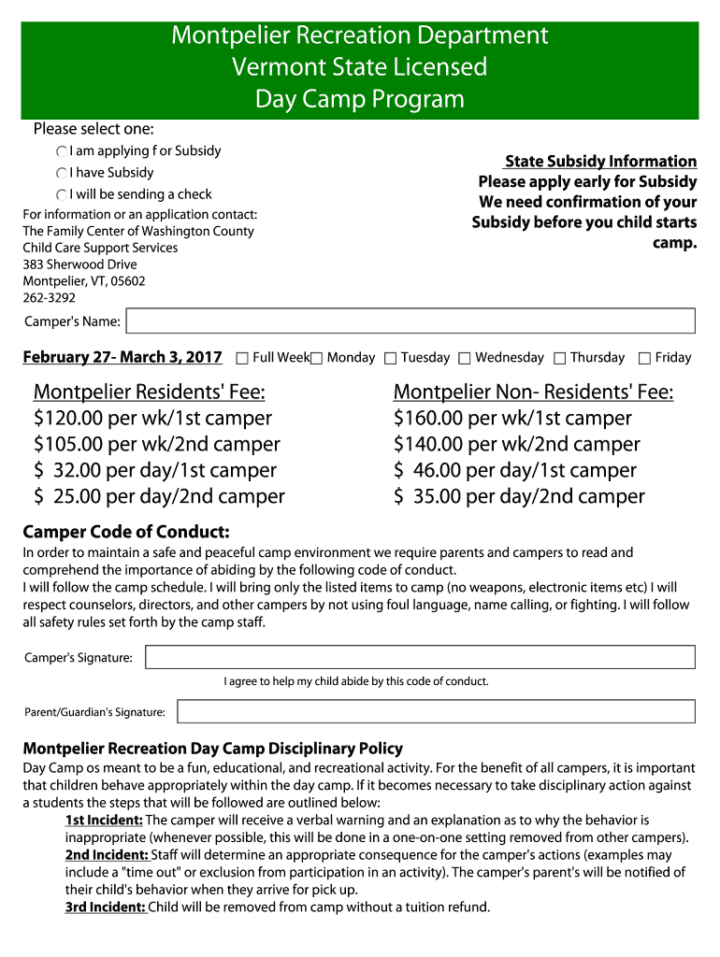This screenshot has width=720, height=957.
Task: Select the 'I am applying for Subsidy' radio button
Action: (62, 151)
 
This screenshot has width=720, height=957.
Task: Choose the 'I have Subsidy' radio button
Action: (62, 173)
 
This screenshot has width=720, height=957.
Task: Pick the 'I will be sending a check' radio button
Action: (62, 195)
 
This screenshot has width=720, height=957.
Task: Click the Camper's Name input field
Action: (410, 321)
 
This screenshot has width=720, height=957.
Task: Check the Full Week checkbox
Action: (242, 358)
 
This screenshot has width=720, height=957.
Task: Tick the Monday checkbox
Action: (316, 358)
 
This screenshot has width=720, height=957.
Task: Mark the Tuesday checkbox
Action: (391, 358)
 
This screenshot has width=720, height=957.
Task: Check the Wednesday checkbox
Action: (465, 358)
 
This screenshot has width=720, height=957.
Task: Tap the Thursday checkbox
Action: (559, 358)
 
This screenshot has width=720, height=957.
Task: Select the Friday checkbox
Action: (644, 358)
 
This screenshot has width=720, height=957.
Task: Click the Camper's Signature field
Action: (420, 657)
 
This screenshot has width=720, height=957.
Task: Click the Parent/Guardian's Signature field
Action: (436, 712)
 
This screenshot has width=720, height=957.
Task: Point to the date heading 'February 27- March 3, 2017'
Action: (122, 357)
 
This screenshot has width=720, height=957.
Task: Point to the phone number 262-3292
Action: (50, 298)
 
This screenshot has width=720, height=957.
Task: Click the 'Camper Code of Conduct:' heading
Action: (126, 533)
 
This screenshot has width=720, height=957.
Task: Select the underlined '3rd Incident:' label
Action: (106, 907)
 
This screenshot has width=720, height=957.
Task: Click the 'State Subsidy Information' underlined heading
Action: (600, 162)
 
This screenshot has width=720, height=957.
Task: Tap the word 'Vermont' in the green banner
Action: (275, 67)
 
